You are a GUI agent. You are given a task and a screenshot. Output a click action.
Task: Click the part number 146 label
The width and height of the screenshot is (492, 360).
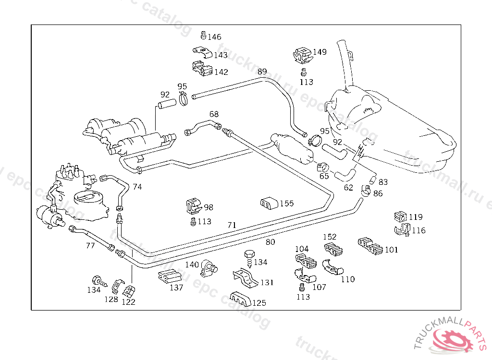214,37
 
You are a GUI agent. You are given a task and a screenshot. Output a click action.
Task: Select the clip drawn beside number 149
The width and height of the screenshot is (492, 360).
303,56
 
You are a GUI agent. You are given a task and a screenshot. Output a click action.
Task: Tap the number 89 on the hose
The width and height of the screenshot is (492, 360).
262,72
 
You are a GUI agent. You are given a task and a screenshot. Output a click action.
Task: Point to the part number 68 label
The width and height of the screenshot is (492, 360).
214,114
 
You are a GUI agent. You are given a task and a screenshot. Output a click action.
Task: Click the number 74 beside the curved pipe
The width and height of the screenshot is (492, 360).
137,187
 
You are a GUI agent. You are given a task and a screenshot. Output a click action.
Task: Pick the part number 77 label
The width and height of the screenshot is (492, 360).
90,246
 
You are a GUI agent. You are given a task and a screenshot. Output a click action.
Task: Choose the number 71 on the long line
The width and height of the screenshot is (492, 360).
232,225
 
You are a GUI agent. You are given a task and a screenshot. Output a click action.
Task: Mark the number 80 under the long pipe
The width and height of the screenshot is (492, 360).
270,242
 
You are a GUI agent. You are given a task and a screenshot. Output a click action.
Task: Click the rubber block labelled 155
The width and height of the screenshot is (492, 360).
269,204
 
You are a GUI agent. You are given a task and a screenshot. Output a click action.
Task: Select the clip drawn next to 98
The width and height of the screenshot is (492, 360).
195,206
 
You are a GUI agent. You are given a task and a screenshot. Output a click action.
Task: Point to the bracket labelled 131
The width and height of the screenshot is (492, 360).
246,278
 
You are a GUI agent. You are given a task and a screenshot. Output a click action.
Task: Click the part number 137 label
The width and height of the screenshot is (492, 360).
176,288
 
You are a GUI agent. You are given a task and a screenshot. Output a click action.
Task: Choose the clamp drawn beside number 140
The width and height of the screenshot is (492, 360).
209,268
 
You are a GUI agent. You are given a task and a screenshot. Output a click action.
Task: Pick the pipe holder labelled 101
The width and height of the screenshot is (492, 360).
370,246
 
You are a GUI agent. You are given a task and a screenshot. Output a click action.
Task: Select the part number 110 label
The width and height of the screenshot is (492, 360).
348,279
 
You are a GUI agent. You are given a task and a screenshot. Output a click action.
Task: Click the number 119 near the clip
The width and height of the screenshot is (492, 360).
416,217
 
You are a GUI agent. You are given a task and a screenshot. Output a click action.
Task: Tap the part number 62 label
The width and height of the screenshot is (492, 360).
348,188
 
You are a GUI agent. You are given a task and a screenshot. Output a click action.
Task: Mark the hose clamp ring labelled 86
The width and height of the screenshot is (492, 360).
366,191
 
